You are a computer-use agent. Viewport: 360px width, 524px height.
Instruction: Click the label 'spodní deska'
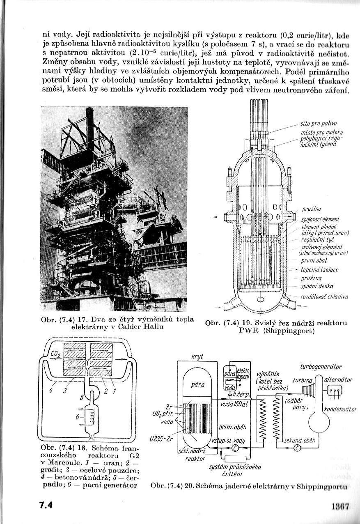tap(317, 286)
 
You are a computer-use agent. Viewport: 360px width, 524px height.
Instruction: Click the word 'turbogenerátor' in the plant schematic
tap(321, 367)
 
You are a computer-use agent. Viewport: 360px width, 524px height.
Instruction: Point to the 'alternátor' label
tap(338, 380)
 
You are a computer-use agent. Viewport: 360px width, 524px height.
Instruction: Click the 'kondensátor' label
tap(339, 409)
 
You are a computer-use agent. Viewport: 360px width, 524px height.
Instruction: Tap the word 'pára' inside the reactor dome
tap(198, 385)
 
